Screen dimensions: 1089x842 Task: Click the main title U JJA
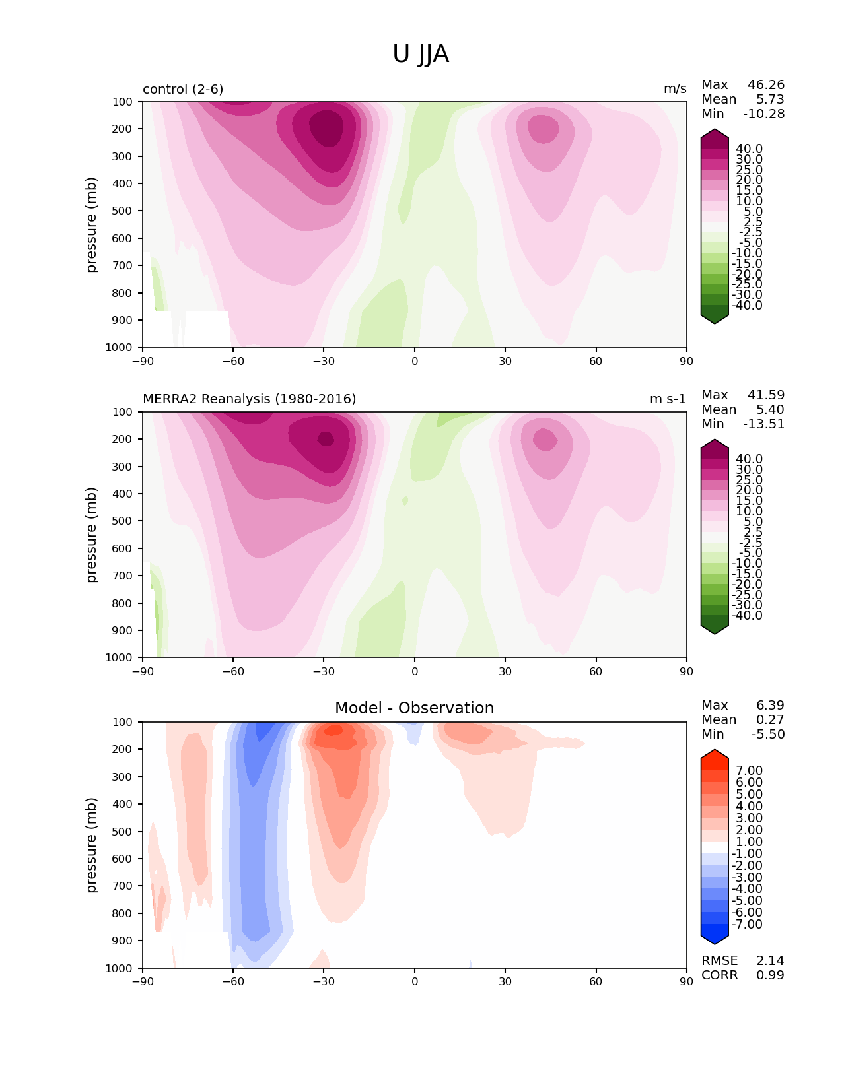click(x=421, y=54)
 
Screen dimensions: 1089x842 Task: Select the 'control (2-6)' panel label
click(x=183, y=89)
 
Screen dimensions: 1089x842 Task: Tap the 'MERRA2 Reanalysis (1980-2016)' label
click(x=249, y=399)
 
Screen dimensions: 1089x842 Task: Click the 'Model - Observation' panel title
click(x=414, y=708)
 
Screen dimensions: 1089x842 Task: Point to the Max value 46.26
click(x=765, y=85)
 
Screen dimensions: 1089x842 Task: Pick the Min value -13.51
click(x=763, y=424)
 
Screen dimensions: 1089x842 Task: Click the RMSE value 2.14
click(x=770, y=961)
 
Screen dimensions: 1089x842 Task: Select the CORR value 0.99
click(x=770, y=975)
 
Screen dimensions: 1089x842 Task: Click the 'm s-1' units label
click(x=668, y=399)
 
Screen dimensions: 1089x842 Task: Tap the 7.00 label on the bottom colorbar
click(x=749, y=771)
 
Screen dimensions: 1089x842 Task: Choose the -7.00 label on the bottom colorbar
click(x=747, y=925)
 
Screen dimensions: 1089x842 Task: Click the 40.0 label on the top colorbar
click(x=749, y=149)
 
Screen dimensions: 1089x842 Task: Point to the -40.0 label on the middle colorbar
click(x=747, y=616)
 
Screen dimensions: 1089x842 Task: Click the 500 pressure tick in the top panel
click(x=123, y=211)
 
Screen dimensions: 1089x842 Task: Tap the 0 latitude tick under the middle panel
click(x=415, y=671)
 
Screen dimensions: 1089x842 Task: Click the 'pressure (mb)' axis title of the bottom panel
click(x=92, y=845)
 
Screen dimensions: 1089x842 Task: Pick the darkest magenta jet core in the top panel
click(x=326, y=127)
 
